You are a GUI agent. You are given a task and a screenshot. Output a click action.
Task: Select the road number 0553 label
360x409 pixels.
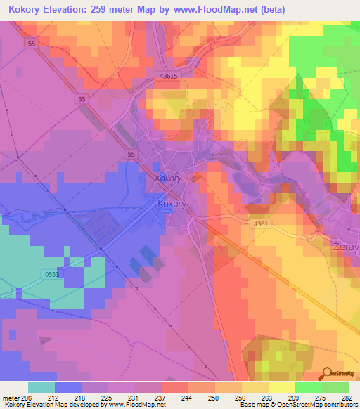pyautogui.click(x=51, y=274)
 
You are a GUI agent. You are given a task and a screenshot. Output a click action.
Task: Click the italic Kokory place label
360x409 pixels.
pyautogui.click(x=169, y=178)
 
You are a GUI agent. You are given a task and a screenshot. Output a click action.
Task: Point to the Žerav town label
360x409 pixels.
pyautogui.click(x=345, y=249)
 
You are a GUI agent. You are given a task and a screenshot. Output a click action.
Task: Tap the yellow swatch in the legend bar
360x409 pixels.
pyautogui.click(x=281, y=387)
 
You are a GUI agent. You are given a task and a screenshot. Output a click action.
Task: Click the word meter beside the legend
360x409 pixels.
pyautogui.click(x=11, y=398)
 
